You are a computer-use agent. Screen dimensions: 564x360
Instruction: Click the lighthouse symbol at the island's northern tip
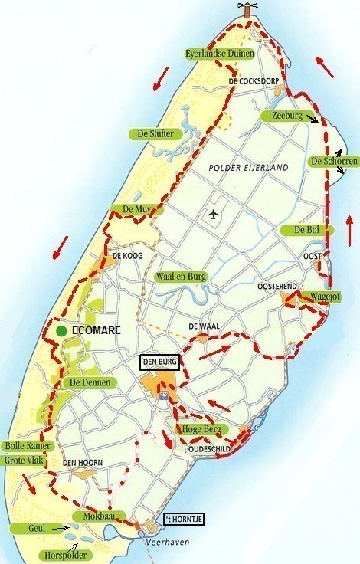[x=246, y=9]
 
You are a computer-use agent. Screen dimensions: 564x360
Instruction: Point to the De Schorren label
[x=333, y=162]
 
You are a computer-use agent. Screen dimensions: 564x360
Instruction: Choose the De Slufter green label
[x=155, y=133]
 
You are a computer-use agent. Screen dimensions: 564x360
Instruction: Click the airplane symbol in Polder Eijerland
[x=212, y=215]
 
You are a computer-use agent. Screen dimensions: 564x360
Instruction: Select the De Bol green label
[x=305, y=230]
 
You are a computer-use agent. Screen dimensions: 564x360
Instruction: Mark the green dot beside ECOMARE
[x=60, y=330]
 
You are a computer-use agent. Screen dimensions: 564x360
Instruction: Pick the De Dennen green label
[x=90, y=382]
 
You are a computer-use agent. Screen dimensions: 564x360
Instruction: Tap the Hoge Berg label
[x=198, y=429]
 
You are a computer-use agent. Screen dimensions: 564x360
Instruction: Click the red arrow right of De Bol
[x=349, y=229]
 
